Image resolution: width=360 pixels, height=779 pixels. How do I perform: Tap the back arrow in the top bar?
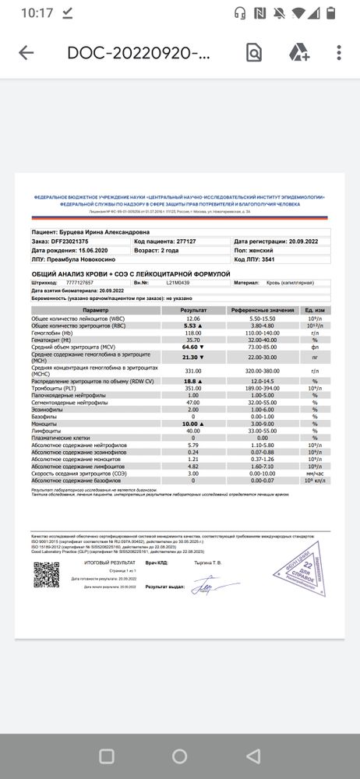pyautogui.click(x=26, y=53)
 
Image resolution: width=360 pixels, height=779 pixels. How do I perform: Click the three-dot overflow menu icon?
pyautogui.click(x=339, y=53)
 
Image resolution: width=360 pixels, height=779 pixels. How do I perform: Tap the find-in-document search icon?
pyautogui.click(x=254, y=53)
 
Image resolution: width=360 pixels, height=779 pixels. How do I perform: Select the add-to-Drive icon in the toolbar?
pyautogui.click(x=299, y=53)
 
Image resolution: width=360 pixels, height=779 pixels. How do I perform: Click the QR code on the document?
pyautogui.click(x=46, y=575)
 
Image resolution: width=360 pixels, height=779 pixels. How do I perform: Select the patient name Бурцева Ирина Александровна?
pyautogui.click(x=118, y=231)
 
